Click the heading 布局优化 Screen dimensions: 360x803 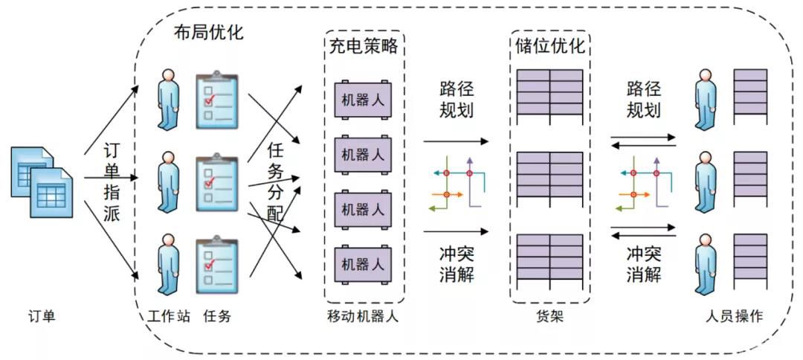207,33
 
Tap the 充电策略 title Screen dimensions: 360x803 363,45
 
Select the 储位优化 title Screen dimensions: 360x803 550,45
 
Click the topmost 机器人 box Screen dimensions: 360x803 363,99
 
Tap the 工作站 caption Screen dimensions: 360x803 169,317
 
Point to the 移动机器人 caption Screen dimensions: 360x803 363,317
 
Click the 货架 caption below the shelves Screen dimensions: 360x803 550,317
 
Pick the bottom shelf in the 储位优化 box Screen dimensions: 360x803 550,257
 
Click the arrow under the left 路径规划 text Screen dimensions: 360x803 456,140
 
